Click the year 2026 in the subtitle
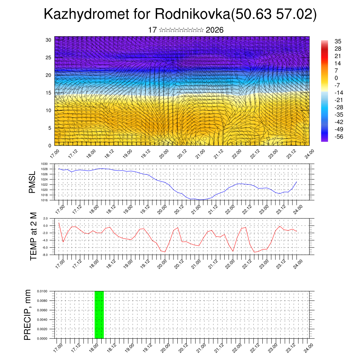[x=215, y=30]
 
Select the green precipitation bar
[x=99, y=315]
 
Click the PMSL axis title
[x=32, y=182]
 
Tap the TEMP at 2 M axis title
[x=33, y=236]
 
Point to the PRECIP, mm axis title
[x=27, y=315]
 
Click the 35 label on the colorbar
[x=338, y=42]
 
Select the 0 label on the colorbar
[x=336, y=78]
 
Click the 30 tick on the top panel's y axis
[x=48, y=40]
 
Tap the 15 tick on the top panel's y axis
[x=48, y=93]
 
